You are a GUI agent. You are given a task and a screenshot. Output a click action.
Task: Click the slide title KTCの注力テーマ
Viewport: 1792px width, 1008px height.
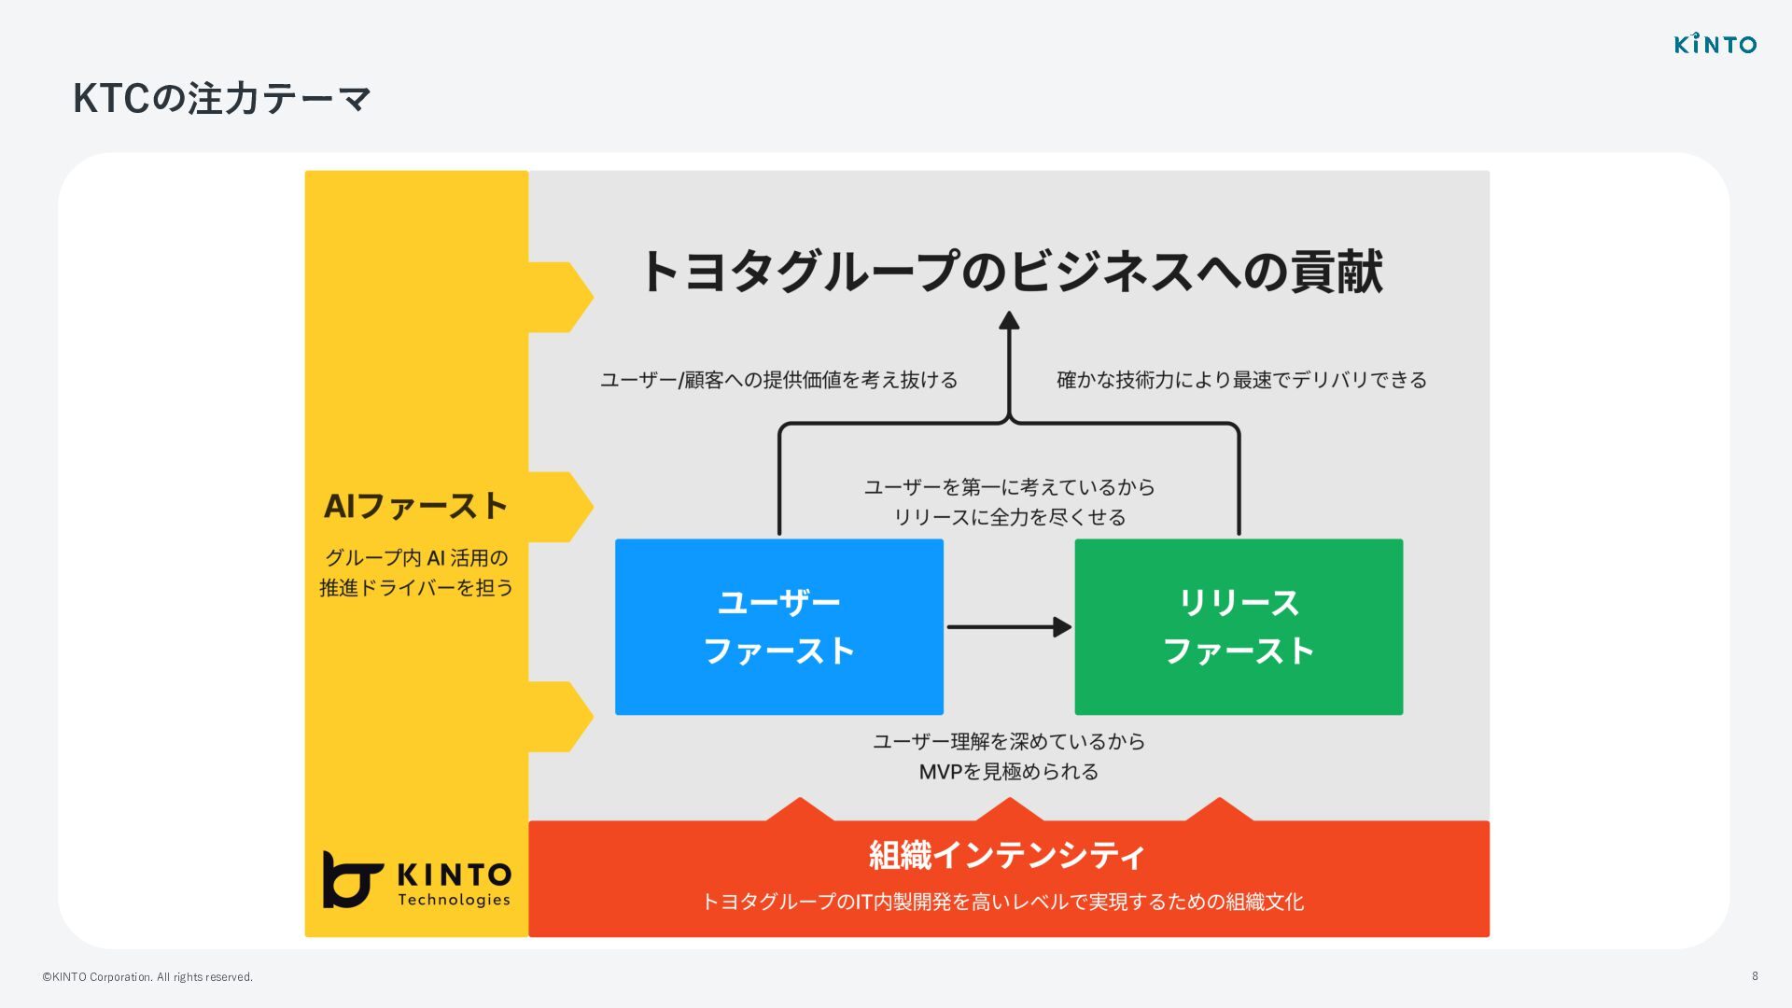click(x=222, y=99)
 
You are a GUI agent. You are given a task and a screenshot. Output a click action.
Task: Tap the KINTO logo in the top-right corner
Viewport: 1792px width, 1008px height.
click(x=1715, y=44)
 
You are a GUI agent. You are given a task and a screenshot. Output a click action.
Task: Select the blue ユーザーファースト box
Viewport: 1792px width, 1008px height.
click(x=778, y=626)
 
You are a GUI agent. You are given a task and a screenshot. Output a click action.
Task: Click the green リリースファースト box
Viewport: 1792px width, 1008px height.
click(x=1238, y=626)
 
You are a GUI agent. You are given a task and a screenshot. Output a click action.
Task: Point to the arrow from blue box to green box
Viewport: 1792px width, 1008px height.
click(x=1008, y=626)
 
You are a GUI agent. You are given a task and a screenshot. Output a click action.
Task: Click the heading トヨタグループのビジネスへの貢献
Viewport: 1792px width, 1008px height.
click(x=1011, y=272)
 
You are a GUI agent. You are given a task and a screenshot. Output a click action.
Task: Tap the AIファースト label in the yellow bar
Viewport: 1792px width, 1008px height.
click(x=415, y=506)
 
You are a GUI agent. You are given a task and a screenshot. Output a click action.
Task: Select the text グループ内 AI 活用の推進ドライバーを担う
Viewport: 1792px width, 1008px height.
click(x=416, y=572)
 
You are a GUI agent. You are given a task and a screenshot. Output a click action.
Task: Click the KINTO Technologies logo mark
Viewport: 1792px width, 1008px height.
click(x=352, y=878)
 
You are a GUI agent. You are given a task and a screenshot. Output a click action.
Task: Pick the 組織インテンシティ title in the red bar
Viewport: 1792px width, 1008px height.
click(x=1007, y=855)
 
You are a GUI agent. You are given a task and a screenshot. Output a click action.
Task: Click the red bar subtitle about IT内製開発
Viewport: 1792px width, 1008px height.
click(x=1002, y=902)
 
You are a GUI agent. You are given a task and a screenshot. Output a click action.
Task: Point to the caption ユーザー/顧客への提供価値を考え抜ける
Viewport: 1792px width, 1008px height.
click(x=778, y=380)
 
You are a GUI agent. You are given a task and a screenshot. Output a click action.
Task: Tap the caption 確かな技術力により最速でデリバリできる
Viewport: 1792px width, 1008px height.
click(x=1241, y=380)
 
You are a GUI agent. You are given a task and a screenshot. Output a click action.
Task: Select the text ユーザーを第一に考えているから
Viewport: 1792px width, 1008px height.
click(x=1009, y=487)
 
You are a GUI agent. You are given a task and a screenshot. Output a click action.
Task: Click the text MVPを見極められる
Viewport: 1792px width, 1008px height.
click(x=1008, y=772)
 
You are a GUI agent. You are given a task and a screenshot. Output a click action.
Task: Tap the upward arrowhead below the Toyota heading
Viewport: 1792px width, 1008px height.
click(x=1009, y=321)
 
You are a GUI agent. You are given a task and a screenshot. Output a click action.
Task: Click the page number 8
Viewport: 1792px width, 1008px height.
click(x=1755, y=976)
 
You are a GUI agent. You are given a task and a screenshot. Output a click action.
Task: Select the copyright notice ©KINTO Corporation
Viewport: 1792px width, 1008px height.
click(x=147, y=977)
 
